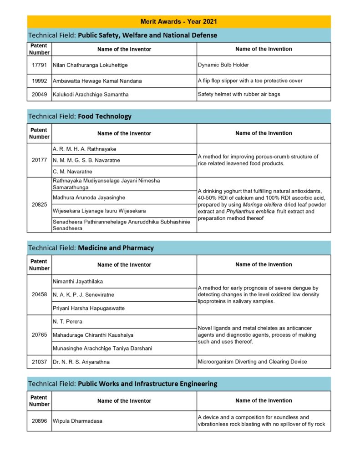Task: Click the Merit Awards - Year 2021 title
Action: click(179, 21)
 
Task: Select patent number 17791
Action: click(39, 65)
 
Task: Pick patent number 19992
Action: click(39, 81)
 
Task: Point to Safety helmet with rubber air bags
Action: click(239, 94)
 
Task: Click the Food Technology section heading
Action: click(105, 116)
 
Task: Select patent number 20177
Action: click(39, 160)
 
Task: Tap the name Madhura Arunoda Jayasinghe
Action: click(89, 198)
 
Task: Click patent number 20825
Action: click(39, 205)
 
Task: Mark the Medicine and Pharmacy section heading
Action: click(116, 248)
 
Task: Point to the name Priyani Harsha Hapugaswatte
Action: click(89, 308)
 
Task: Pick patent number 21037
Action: click(39, 362)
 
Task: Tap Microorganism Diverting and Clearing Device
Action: click(252, 362)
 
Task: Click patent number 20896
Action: click(39, 421)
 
